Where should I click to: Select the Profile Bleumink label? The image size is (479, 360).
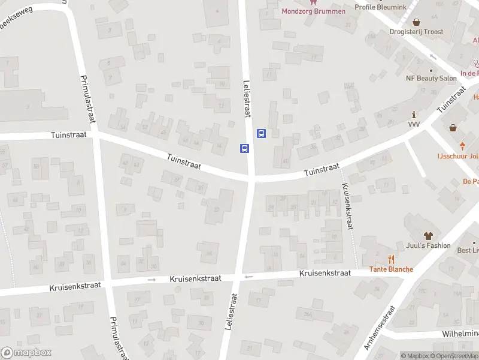tap(380, 7)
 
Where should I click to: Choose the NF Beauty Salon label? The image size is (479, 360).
tap(431, 79)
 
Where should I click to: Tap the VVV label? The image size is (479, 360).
tap(414, 124)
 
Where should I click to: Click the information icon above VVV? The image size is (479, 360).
tap(414, 114)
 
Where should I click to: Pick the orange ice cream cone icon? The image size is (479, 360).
tap(462, 145)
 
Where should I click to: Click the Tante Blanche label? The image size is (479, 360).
tap(391, 269)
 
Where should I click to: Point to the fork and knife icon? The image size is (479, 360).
tap(391, 259)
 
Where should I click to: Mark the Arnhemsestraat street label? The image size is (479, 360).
tap(380, 328)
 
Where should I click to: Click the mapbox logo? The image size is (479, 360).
tap(26, 353)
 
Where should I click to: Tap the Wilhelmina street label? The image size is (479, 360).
tap(461, 333)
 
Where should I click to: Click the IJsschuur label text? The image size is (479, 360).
tap(457, 157)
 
